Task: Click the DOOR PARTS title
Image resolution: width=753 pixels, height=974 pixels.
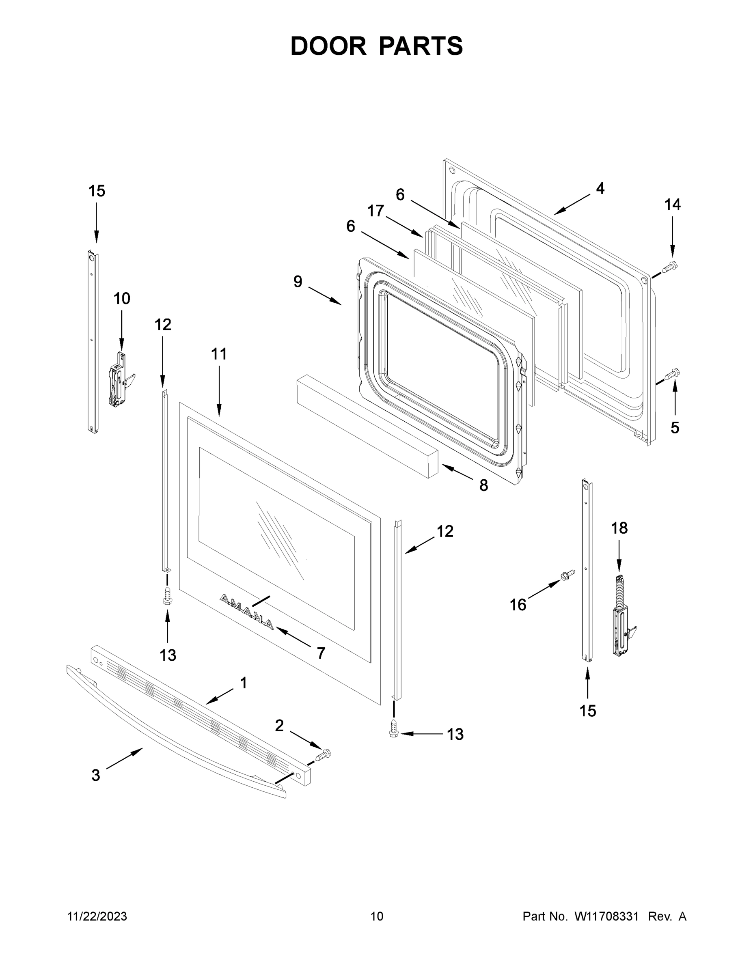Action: [x=377, y=46]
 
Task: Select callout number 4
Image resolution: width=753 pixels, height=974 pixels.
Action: [x=600, y=189]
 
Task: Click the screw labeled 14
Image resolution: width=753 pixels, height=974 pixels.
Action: [x=669, y=267]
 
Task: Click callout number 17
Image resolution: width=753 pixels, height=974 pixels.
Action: [x=375, y=211]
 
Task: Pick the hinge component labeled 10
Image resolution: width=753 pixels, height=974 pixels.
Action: [x=120, y=378]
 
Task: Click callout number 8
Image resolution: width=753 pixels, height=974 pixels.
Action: [x=483, y=485]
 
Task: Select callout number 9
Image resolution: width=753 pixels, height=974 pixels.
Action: [x=298, y=282]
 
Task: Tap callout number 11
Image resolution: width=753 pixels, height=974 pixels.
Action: [x=218, y=354]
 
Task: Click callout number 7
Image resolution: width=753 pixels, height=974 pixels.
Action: [x=321, y=653]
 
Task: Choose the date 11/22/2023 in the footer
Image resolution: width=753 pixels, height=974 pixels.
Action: [x=97, y=916]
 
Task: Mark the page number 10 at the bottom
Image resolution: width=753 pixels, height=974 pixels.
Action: [x=377, y=916]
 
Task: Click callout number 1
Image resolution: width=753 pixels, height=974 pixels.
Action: [x=244, y=683]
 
